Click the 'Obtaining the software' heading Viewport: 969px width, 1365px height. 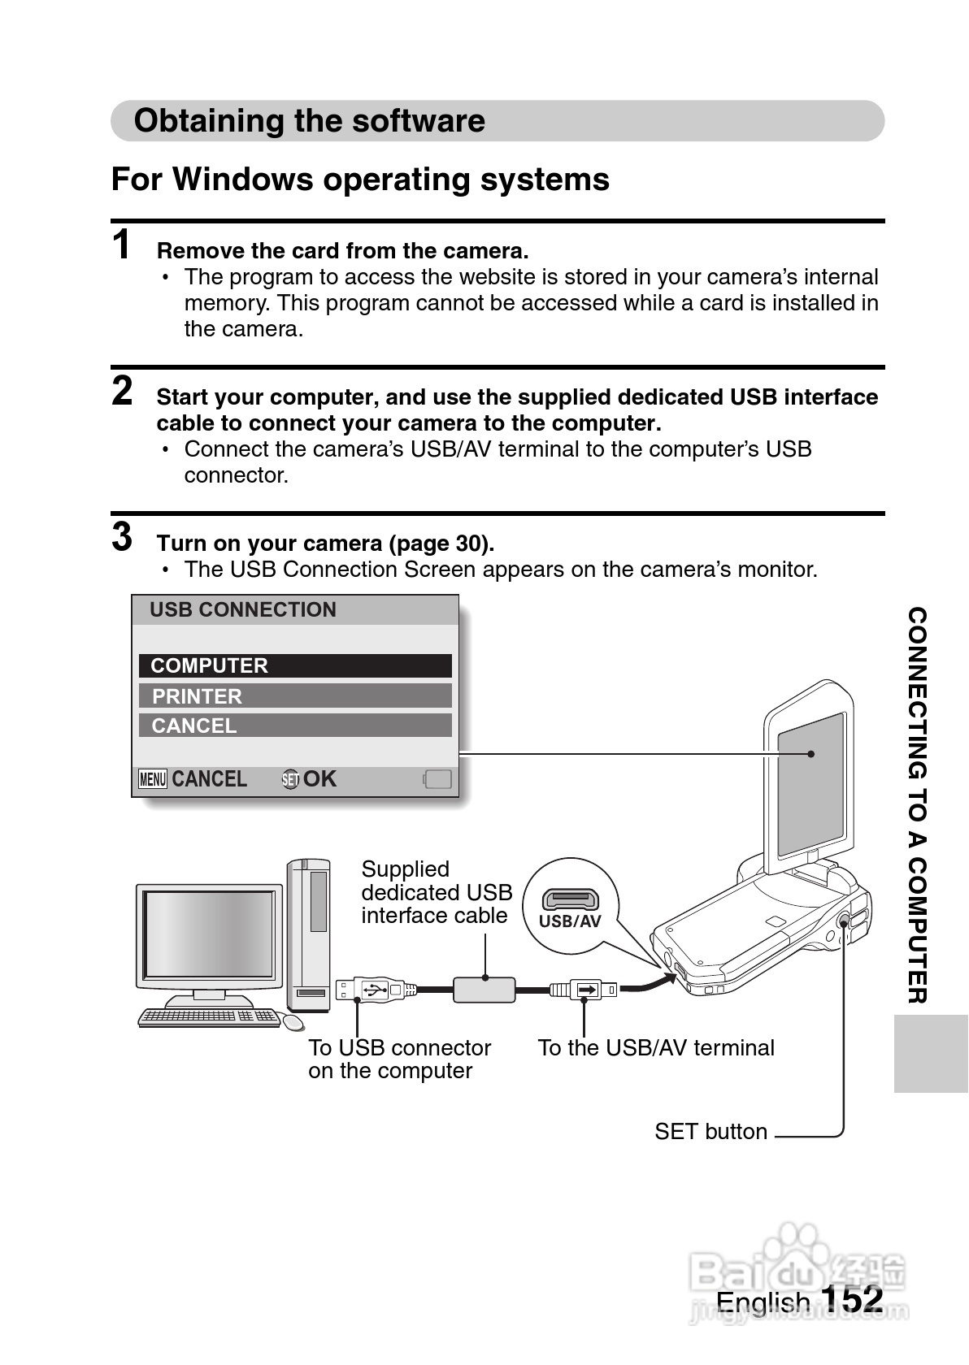coord(309,121)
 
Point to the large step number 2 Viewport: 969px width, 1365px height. coord(122,391)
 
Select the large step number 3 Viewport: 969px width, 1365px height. coord(122,537)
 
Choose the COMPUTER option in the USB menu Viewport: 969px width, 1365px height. coord(294,665)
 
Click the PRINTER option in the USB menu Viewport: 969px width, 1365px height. coord(294,695)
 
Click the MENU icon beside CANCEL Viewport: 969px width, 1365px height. coord(152,779)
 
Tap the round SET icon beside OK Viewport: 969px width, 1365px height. coord(290,779)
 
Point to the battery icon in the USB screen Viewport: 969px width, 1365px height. coord(437,779)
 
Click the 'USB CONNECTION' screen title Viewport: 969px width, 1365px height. coord(242,609)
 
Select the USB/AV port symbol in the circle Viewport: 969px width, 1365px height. coord(571,899)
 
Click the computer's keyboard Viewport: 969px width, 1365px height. coord(208,1016)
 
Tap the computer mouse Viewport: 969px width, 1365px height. coord(292,1021)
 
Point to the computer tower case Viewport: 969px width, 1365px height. coord(309,934)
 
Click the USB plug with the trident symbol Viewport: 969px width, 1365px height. coord(370,989)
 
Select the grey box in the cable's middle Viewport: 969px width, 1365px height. coord(484,989)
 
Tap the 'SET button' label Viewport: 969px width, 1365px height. coord(710,1131)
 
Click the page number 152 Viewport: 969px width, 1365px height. coord(852,1298)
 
